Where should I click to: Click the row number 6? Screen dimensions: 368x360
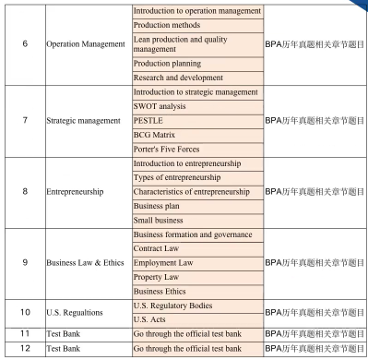pos(24,44)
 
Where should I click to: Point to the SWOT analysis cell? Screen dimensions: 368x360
pos(197,106)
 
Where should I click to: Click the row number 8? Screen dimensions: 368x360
pos(24,192)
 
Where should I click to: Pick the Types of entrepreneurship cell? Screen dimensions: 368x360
pos(197,177)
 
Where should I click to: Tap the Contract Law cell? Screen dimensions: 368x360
pos(197,248)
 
